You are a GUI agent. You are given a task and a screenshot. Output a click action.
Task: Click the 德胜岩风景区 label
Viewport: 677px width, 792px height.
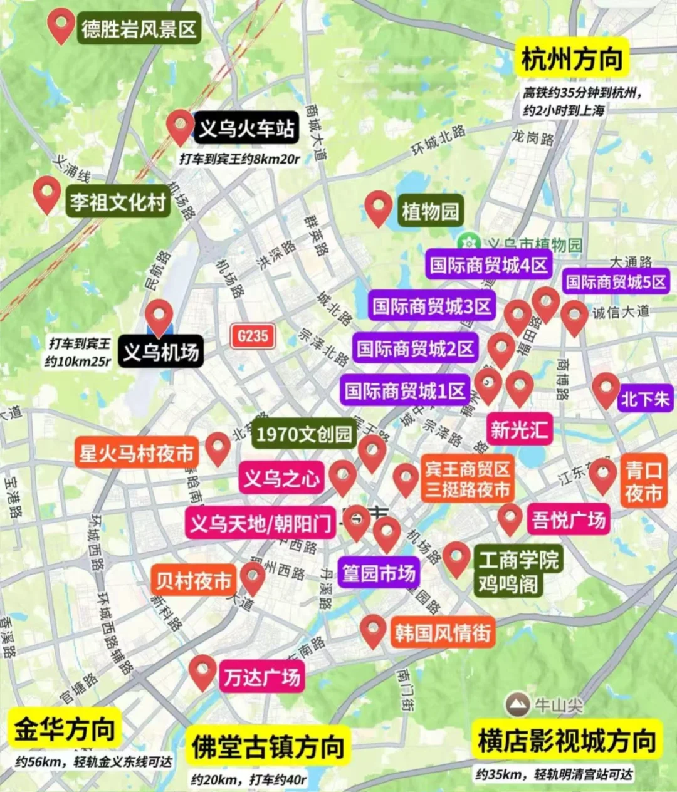[139, 29]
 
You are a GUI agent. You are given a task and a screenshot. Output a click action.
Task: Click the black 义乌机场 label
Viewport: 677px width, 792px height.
[160, 352]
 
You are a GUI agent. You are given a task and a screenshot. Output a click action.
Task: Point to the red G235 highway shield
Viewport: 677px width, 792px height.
[253, 336]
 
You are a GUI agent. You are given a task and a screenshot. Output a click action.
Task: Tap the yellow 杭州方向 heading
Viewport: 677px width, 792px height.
[572, 59]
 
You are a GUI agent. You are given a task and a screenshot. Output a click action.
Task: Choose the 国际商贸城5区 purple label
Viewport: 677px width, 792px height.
[616, 281]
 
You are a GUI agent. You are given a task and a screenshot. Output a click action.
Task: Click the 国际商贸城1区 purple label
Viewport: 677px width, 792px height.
[405, 392]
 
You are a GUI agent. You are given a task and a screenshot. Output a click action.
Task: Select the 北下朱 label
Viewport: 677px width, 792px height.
[644, 399]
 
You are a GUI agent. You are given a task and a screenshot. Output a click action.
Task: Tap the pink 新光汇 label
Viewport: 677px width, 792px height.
[519, 429]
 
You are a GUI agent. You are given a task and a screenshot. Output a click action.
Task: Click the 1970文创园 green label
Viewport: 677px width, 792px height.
[304, 434]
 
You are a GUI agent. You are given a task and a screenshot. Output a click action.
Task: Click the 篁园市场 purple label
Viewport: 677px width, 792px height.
[378, 573]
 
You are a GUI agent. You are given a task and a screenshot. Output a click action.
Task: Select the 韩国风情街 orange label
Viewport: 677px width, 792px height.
[442, 632]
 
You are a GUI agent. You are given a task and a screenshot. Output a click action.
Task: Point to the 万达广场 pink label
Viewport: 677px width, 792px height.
[261, 677]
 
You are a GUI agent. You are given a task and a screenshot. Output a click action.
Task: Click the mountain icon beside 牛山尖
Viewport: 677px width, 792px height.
[518, 705]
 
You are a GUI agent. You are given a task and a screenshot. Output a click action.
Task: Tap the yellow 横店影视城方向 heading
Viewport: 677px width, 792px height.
[567, 741]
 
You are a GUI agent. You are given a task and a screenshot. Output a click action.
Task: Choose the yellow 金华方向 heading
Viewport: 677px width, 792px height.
[65, 729]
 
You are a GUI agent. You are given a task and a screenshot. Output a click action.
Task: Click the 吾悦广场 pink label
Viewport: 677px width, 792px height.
[569, 519]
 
